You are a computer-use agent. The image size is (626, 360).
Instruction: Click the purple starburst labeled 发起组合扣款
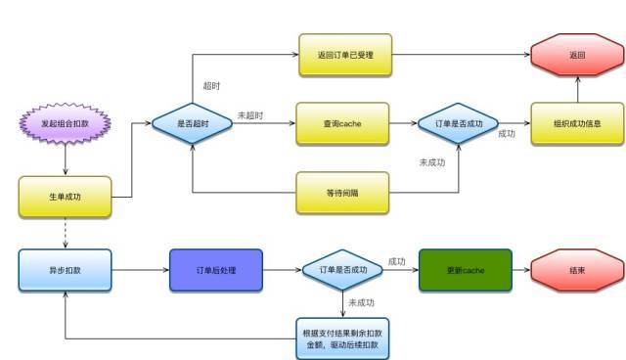(64, 123)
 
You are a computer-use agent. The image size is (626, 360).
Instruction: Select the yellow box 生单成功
(65, 196)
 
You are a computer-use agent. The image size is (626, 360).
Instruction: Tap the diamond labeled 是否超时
(193, 123)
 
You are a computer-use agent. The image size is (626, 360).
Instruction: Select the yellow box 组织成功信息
(577, 123)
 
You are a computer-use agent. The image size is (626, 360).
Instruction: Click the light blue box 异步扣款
(65, 268)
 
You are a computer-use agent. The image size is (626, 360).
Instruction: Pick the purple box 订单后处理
(216, 268)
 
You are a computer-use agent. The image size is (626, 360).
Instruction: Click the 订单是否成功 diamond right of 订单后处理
(344, 268)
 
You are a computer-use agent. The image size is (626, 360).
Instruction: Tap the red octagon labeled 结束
(577, 268)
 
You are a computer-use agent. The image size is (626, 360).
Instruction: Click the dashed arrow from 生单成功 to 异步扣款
(65, 233)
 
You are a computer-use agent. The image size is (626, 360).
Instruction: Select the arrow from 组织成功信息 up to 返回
(577, 90)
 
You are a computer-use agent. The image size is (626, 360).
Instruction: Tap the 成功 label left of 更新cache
(397, 261)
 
